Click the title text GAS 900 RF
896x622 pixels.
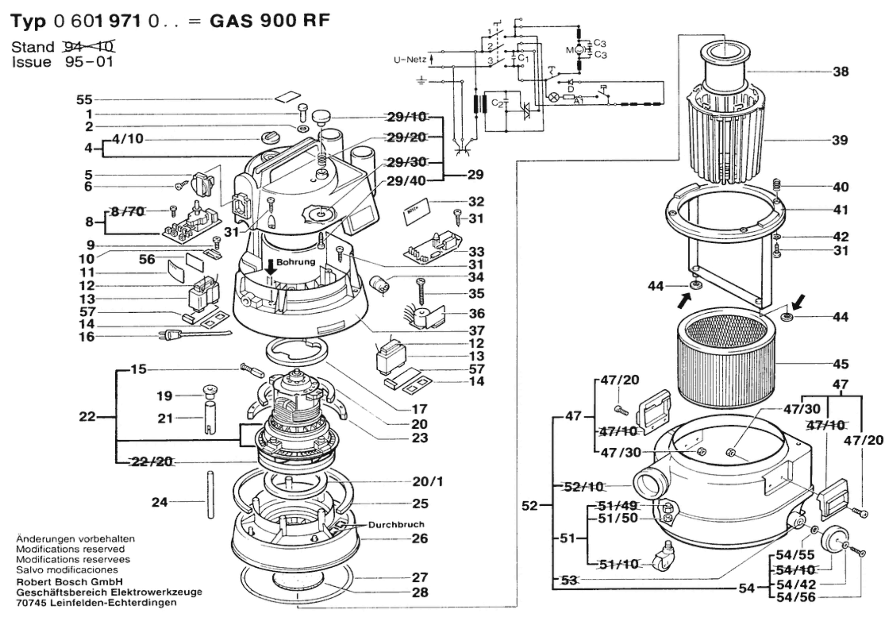tap(269, 20)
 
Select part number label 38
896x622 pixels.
tap(840, 71)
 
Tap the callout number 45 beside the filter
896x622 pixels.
tap(840, 364)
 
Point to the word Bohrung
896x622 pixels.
tap(296, 262)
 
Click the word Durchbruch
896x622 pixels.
tap(396, 524)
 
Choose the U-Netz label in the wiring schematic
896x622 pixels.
tap(410, 60)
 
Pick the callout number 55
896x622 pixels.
tap(84, 99)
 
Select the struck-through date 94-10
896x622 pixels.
tap(89, 46)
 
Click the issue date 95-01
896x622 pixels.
tap(89, 61)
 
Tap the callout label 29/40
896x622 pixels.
tap(406, 181)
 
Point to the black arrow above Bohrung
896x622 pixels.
tap(270, 266)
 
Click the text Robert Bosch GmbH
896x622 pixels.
tap(69, 582)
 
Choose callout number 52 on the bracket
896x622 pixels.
tap(529, 506)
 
